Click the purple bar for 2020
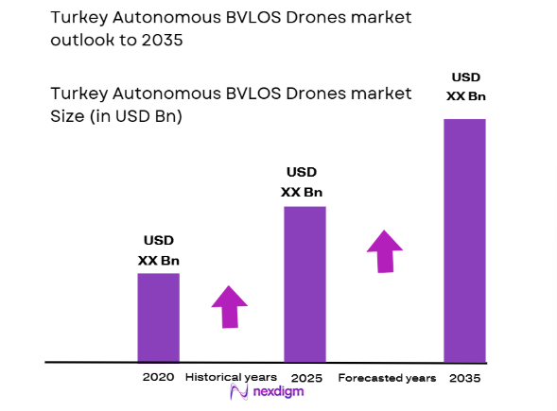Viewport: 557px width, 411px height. click(x=158, y=317)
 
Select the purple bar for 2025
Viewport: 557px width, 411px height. click(x=305, y=283)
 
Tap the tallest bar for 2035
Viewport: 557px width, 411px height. click(x=464, y=240)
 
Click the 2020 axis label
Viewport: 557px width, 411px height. click(x=158, y=377)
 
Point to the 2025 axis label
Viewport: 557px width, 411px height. click(x=306, y=378)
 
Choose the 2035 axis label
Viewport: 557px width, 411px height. click(x=464, y=378)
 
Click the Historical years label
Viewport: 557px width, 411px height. click(x=231, y=377)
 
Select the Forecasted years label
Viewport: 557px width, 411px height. click(x=387, y=378)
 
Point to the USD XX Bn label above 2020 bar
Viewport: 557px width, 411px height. click(x=158, y=250)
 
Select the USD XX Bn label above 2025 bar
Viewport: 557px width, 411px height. click(x=302, y=181)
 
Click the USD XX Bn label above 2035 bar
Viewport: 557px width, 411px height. click(x=464, y=85)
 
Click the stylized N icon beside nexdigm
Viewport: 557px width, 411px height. click(x=238, y=394)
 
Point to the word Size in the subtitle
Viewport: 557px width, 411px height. click(x=68, y=117)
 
